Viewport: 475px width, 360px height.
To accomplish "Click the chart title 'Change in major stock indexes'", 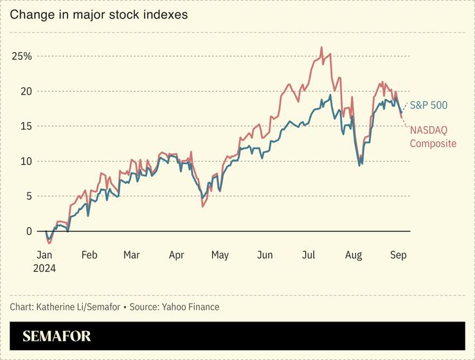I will click(98, 14).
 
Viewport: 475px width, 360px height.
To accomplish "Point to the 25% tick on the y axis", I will click(22, 56).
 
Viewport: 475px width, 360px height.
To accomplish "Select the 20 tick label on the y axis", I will click(25, 91).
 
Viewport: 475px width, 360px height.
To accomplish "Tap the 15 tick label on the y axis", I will click(25, 126).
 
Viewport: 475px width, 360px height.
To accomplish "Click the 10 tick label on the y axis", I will click(25, 161).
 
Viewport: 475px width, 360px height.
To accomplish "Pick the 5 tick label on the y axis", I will click(28, 196).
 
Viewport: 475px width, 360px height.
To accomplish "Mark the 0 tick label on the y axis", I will click(28, 231).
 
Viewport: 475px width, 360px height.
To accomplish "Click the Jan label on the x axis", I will click(44, 255).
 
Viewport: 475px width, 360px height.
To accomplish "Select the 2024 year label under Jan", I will click(44, 268).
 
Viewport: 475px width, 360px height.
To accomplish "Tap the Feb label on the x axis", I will click(89, 255).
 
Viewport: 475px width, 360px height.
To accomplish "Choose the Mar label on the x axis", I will click(131, 255).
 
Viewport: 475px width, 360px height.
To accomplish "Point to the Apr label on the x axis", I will click(176, 255).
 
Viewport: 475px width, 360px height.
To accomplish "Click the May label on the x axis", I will click(220, 255).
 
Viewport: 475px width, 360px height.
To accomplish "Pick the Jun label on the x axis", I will click(264, 255).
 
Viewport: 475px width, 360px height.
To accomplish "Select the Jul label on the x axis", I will click(308, 255).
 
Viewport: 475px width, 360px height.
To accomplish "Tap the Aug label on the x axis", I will click(353, 255).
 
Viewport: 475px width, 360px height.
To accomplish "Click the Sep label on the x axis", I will click(397, 255).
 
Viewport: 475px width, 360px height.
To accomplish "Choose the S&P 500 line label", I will click(429, 105).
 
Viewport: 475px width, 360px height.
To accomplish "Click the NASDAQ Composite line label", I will click(433, 137).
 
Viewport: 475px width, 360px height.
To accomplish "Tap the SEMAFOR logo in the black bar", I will click(57, 336).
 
